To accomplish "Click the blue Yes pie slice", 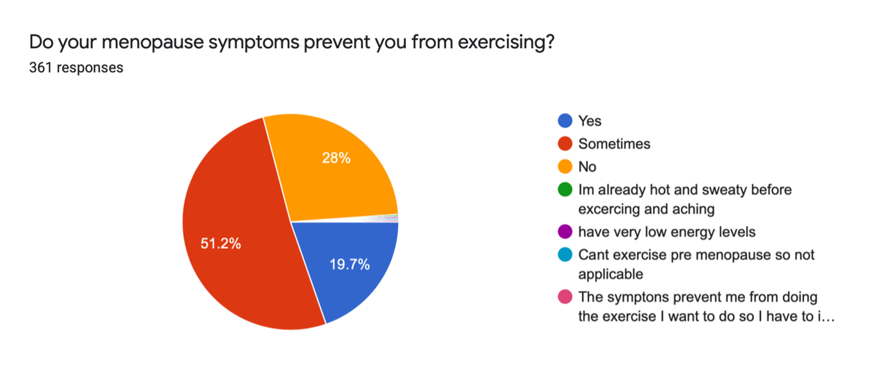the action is (348, 268).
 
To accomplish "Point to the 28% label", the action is (336, 158).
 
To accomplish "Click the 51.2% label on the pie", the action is (221, 243).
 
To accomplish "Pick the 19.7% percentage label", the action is (350, 264).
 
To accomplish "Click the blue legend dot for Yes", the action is (565, 121).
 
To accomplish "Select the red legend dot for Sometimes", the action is (565, 143).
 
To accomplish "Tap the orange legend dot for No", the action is (565, 166).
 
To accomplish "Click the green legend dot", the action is (565, 189).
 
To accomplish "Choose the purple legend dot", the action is (565, 232).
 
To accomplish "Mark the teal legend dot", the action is (565, 255).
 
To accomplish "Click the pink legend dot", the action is (565, 296).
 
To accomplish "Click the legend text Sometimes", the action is (614, 144).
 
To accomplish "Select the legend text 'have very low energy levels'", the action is (667, 232).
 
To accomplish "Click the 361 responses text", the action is (76, 68).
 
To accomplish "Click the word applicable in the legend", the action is (611, 274).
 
